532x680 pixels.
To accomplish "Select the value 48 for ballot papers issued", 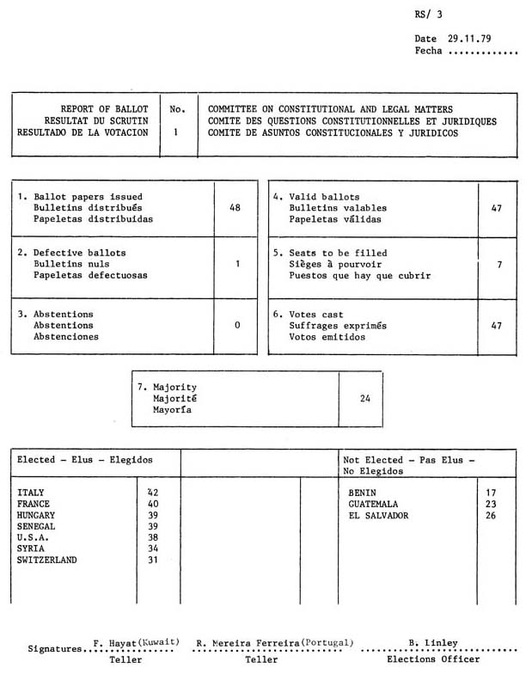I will tap(235, 208).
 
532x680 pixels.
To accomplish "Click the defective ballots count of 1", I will tap(236, 264).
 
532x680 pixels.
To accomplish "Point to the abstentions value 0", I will tap(236, 325).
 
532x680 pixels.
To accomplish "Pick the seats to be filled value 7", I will tap(499, 265).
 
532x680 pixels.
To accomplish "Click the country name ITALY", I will tap(32, 493).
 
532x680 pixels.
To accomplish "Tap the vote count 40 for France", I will tap(153, 504).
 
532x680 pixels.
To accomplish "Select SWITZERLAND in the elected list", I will tap(46, 560).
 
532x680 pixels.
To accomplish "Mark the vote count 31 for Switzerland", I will tap(153, 560).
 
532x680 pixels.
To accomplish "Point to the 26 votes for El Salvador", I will tap(492, 516).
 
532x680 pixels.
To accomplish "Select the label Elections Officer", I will tap(423, 660).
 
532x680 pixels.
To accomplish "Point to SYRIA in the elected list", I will tap(32, 548).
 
